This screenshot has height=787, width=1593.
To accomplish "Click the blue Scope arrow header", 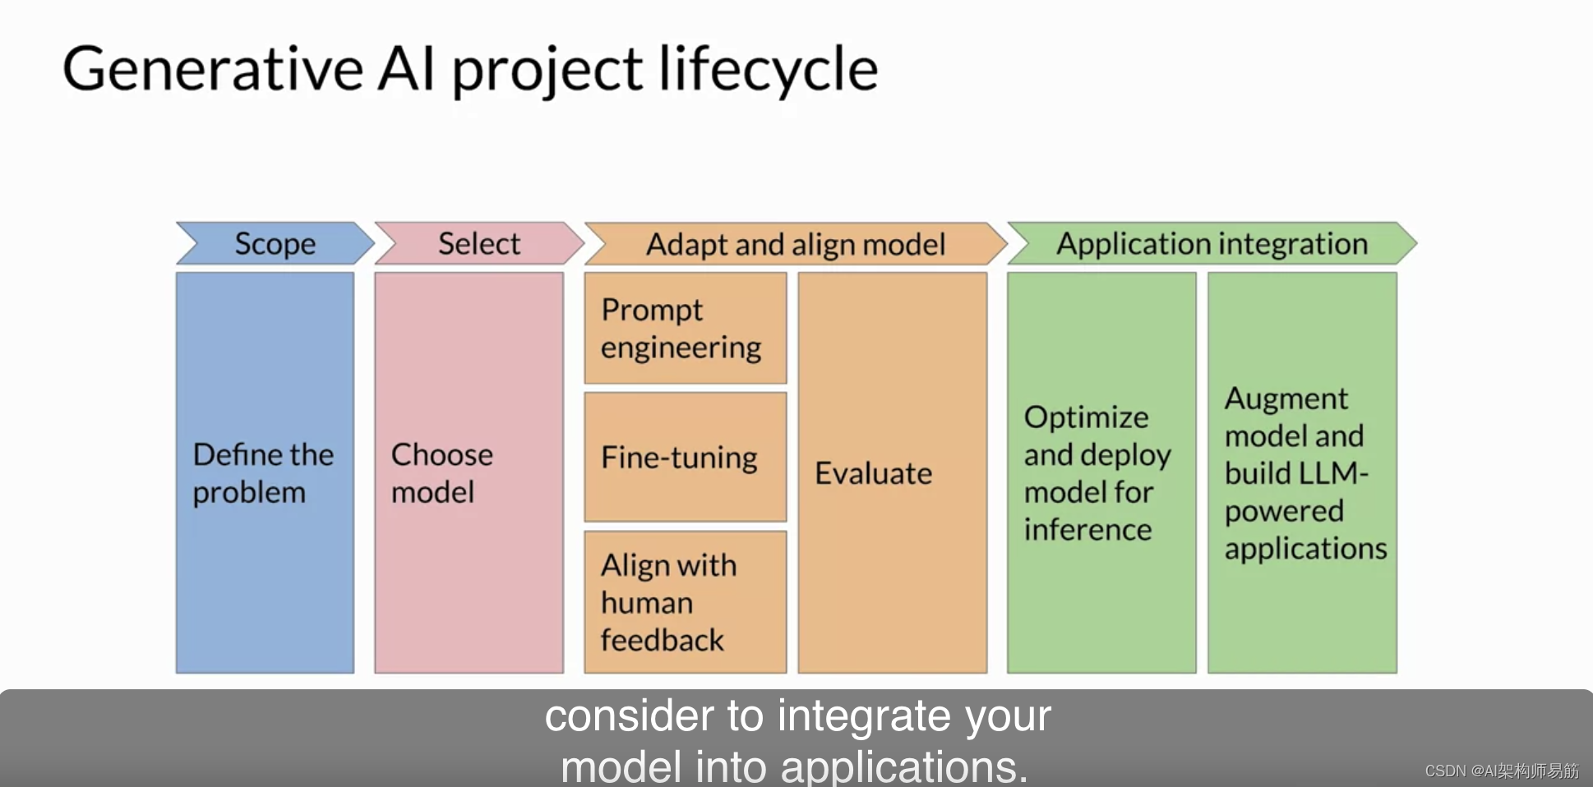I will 275,244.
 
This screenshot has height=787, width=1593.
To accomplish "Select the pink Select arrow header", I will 479,244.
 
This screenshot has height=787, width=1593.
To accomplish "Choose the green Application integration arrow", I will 1212,244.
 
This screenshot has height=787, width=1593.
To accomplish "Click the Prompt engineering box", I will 685,329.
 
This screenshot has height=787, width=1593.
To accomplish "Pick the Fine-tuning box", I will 685,457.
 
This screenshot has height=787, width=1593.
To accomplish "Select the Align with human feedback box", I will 685,602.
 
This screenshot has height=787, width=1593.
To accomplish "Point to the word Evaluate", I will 873,473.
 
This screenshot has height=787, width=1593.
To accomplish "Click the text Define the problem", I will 263,473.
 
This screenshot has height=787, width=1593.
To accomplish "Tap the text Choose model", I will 441,473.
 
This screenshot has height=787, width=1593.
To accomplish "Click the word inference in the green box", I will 1087,530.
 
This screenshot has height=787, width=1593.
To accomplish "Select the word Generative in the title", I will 213,69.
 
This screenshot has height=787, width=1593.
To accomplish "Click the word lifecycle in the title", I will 768,69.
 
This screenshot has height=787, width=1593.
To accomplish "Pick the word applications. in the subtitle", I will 904,766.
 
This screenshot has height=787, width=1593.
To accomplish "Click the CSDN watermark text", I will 1501,771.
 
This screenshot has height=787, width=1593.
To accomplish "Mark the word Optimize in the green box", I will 1086,417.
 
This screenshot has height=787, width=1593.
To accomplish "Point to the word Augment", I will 1286,398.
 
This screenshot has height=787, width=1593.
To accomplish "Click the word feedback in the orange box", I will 662,640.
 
